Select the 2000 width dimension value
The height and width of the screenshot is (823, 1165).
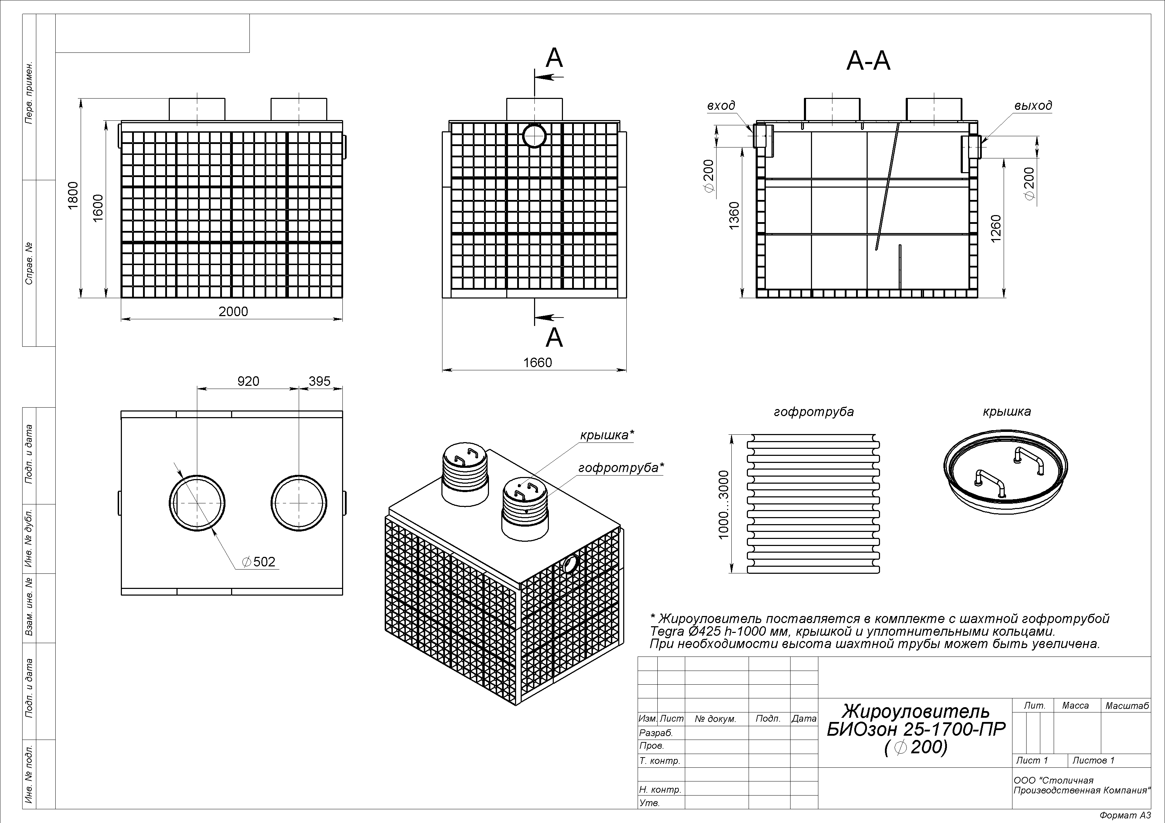point(234,311)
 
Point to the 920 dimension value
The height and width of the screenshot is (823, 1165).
point(248,381)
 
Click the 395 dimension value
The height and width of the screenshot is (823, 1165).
point(320,381)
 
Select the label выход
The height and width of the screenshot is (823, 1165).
point(1033,106)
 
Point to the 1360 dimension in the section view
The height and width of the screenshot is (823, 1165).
point(734,215)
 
